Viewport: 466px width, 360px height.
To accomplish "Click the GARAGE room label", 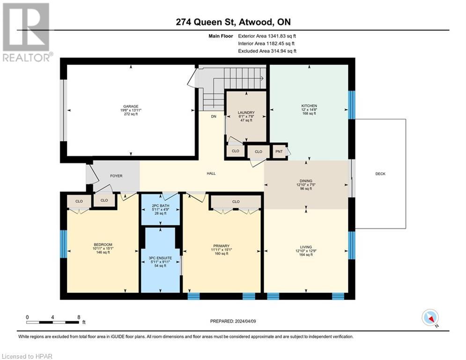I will tap(131, 106).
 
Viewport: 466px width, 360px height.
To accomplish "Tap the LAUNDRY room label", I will tap(246, 112).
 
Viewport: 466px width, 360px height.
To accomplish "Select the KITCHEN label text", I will tap(309, 106).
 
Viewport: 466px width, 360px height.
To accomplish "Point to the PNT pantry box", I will tap(280, 151).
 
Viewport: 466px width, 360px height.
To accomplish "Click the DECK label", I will tap(380, 174).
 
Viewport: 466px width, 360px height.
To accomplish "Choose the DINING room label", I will tap(306, 180).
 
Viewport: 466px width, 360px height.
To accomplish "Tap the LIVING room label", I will tap(306, 247).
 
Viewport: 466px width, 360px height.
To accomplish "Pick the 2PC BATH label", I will tap(161, 205).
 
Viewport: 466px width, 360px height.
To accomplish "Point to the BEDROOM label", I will tap(103, 245).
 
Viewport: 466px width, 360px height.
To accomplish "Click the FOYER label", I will tap(116, 176).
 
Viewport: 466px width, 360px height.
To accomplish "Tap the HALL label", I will tap(211, 173).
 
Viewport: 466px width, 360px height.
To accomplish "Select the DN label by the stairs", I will tap(214, 117).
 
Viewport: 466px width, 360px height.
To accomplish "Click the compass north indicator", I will tap(429, 318).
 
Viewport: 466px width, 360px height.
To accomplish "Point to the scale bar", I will tap(52, 322).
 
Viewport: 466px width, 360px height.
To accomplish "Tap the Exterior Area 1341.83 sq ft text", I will tap(267, 35).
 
